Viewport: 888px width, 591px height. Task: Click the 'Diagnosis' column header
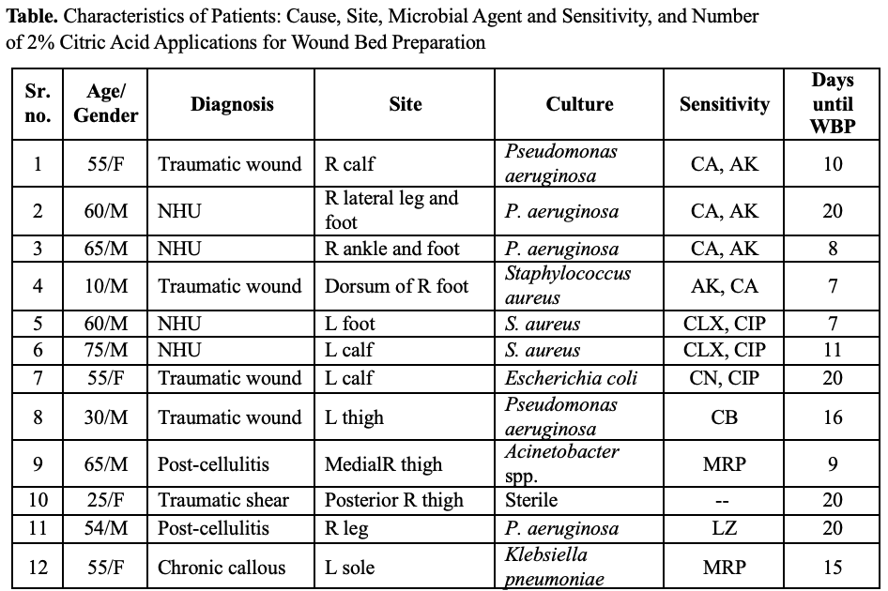pos(232,104)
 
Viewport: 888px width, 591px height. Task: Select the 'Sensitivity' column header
pos(724,104)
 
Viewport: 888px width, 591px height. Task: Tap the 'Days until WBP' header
pos(832,104)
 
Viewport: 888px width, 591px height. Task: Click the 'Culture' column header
pos(579,104)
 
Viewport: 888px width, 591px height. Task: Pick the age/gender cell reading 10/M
pos(105,286)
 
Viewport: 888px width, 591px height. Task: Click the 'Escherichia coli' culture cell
pos(571,378)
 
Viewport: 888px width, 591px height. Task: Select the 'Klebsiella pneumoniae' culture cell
pos(552,568)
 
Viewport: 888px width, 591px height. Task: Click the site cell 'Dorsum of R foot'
pos(396,286)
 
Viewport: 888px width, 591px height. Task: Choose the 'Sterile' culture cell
pos(531,500)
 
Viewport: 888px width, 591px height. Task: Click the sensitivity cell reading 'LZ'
pos(724,528)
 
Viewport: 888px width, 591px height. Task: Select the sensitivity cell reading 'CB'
pos(724,417)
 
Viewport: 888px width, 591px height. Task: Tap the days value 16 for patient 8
pos(832,417)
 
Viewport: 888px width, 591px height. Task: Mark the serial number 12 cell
pos(38,568)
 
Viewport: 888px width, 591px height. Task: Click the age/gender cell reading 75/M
pos(105,350)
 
